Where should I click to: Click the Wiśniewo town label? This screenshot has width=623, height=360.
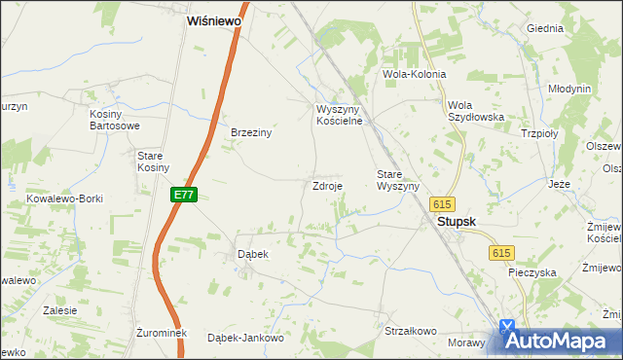click(x=215, y=19)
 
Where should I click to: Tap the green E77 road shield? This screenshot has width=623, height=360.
click(x=185, y=195)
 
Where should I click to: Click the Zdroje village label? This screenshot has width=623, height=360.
click(x=326, y=185)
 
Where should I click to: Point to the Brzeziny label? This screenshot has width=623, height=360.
click(x=250, y=133)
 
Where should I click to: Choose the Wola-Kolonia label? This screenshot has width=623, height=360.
click(x=415, y=74)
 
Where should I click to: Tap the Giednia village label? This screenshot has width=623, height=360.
click(x=545, y=28)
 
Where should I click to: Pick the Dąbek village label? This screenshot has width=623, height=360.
click(x=253, y=253)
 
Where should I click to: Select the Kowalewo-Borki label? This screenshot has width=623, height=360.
click(x=66, y=198)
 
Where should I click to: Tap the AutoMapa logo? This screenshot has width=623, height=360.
click(x=558, y=340)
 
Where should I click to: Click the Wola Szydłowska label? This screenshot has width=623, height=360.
click(x=475, y=111)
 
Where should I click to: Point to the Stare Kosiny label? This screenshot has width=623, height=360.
click(x=152, y=162)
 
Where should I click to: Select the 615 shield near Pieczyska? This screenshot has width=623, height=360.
click(x=500, y=253)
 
